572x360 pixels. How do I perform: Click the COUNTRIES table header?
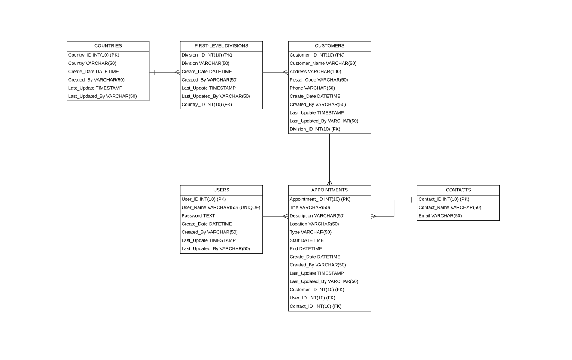(108, 46)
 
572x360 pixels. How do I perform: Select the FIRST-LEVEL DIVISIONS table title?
(221, 46)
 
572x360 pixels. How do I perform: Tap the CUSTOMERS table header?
(329, 46)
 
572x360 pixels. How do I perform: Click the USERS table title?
(221, 190)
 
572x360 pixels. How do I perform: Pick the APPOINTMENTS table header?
(329, 190)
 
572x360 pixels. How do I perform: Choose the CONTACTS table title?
(458, 190)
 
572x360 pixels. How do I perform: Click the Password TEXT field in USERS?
(198, 216)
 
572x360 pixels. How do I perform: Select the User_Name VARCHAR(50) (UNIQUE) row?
(221, 208)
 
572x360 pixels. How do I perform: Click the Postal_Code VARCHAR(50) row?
(319, 80)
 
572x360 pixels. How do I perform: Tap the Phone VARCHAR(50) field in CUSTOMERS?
(312, 88)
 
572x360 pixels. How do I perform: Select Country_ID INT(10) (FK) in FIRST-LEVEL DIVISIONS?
(207, 105)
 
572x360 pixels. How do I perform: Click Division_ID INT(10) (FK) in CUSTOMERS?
(315, 129)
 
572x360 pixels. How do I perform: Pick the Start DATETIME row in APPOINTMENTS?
(307, 241)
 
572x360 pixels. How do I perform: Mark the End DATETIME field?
(306, 249)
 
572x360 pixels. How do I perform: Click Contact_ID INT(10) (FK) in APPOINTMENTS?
(316, 306)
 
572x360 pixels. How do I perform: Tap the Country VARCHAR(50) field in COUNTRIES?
(92, 64)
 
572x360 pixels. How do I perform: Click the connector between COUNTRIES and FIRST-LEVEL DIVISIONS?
(165, 72)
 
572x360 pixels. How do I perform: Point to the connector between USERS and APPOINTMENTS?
(275, 216)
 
